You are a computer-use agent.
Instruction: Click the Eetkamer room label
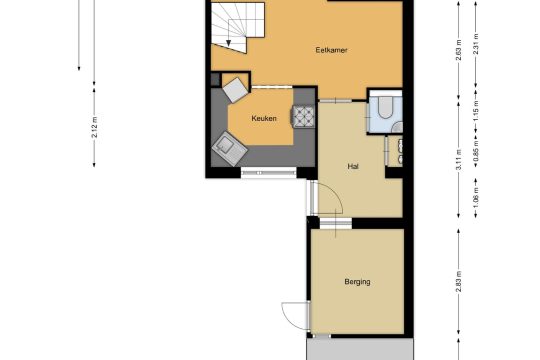(x=331, y=50)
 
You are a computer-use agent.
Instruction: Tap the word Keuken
(x=264, y=119)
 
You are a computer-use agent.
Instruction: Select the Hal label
(x=353, y=167)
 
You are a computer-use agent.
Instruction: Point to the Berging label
(x=357, y=282)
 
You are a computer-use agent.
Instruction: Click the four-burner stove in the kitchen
(x=304, y=117)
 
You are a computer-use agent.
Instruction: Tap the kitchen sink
(x=229, y=149)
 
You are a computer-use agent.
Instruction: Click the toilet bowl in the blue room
(x=385, y=107)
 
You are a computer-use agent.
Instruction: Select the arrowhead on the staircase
(x=228, y=43)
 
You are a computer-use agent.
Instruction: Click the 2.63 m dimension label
(x=458, y=50)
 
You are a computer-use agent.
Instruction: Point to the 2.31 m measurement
(x=476, y=44)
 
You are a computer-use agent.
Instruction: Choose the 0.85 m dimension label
(x=476, y=151)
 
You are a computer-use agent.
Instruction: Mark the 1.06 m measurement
(x=476, y=198)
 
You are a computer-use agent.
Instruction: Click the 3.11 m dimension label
(x=458, y=160)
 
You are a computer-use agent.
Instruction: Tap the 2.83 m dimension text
(x=458, y=282)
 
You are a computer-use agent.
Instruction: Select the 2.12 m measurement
(x=94, y=127)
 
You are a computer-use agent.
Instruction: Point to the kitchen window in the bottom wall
(x=269, y=173)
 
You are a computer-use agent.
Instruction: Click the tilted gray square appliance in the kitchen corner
(x=236, y=90)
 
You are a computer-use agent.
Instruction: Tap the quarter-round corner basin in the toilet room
(x=398, y=127)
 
